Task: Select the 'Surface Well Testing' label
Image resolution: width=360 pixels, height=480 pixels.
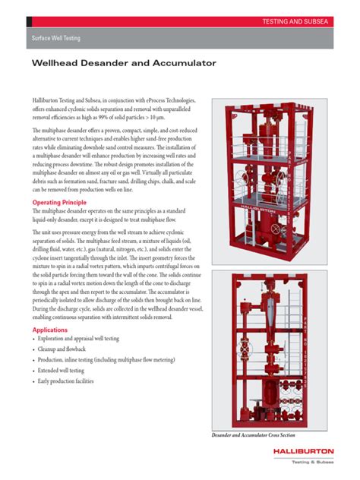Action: coord(55,37)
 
